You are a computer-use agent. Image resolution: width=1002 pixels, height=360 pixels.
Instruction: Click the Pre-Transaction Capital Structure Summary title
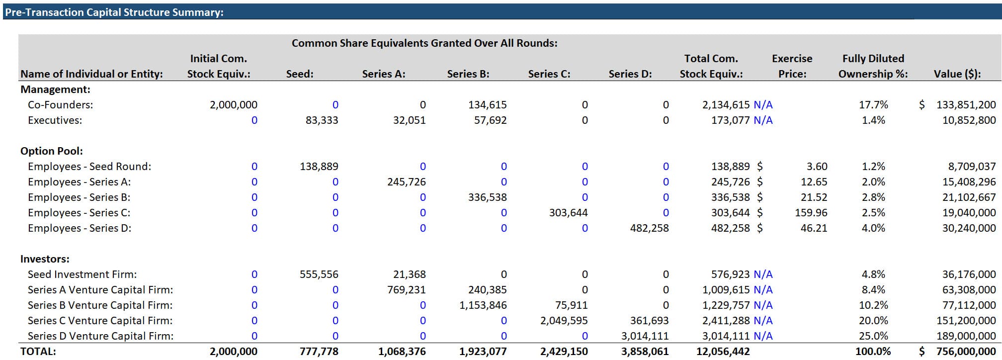click(x=114, y=12)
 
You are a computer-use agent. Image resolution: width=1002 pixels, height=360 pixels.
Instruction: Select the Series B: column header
click(x=468, y=74)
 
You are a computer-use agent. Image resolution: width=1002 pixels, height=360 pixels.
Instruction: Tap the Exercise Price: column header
click(x=792, y=66)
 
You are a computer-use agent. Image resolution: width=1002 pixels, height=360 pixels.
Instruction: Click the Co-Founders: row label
click(x=60, y=105)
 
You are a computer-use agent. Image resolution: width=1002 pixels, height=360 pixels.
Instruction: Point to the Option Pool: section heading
click(x=52, y=151)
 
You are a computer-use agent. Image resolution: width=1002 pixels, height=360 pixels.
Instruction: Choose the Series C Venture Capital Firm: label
click(x=100, y=321)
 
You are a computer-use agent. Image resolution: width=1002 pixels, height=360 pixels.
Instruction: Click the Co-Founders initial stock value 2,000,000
click(x=234, y=105)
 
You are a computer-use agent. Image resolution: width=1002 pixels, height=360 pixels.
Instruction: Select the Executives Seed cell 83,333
click(x=322, y=120)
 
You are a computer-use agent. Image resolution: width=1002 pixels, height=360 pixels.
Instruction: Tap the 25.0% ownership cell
click(x=873, y=336)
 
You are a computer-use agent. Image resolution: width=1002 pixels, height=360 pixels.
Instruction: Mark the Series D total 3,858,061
click(x=645, y=352)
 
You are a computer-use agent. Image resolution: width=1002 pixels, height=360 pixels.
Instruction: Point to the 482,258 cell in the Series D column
click(x=649, y=228)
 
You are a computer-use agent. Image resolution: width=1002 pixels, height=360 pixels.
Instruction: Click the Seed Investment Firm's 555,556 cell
click(x=319, y=274)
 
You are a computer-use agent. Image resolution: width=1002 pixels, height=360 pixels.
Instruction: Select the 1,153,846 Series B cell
click(x=483, y=305)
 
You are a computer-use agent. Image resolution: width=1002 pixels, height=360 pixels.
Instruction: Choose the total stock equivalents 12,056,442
click(x=723, y=352)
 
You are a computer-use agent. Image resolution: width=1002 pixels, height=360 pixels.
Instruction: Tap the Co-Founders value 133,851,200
click(x=966, y=105)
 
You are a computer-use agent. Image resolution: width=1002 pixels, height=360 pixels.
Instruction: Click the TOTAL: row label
click(x=38, y=352)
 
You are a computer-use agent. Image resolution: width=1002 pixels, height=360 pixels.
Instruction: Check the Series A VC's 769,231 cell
click(x=406, y=290)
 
